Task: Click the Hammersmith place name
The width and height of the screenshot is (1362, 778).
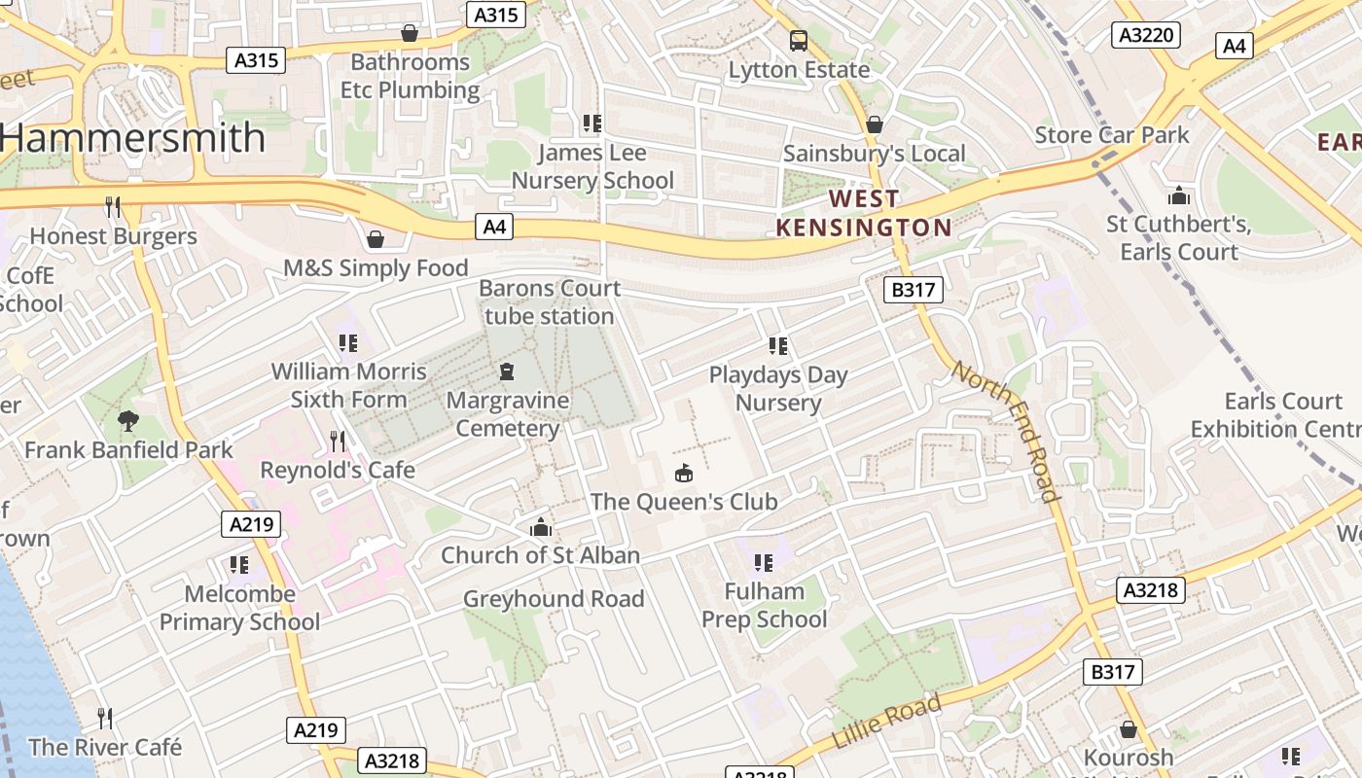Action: (134, 138)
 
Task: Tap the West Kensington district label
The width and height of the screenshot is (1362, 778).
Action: (864, 214)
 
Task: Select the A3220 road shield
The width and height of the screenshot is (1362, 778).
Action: (1146, 36)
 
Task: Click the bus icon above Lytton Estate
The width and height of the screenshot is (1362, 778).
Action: (799, 41)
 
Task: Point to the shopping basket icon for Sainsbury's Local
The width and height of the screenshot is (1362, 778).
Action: (874, 124)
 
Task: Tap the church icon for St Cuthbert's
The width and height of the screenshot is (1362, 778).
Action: (1179, 195)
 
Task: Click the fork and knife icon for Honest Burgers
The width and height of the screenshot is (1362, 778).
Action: (113, 206)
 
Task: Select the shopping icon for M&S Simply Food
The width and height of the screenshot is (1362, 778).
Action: (376, 238)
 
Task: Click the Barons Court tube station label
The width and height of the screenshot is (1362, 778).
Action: (550, 302)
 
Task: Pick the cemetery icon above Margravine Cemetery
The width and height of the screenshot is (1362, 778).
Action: (506, 371)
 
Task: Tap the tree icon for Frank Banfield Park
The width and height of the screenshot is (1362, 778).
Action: (127, 420)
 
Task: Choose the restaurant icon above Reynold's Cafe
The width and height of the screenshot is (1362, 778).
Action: (337, 442)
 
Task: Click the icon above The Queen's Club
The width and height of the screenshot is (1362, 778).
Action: (684, 473)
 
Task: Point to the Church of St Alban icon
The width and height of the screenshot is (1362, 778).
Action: (540, 527)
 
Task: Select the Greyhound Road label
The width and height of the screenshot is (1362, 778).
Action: (554, 599)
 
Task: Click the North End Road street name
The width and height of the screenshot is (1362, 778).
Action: (1005, 431)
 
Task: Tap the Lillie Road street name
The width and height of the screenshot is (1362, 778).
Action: (886, 722)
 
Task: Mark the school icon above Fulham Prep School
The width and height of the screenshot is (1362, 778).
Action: (764, 562)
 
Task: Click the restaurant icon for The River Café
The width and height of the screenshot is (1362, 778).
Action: (105, 718)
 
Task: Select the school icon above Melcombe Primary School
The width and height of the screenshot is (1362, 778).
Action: (239, 564)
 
